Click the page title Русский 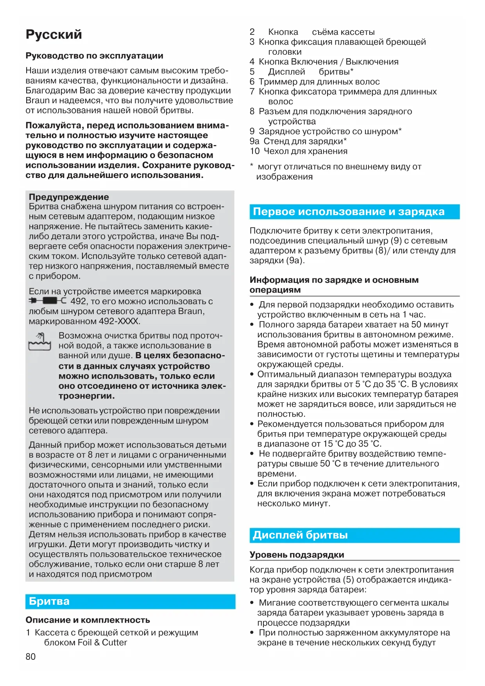pos(54,34)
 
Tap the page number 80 pos(30,657)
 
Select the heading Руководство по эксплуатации pos(94,56)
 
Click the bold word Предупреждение pos(69,197)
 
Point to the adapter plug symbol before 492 pos(47,301)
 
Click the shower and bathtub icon pos(39,341)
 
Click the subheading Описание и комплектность pos(88,620)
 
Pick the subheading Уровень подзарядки pos(297,555)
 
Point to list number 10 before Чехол pos(254,151)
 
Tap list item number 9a pos(254,141)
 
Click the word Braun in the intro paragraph pos(38,101)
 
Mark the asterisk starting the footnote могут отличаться pos(252,166)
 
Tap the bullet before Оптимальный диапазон pos(252,374)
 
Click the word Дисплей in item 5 pos(286,72)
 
